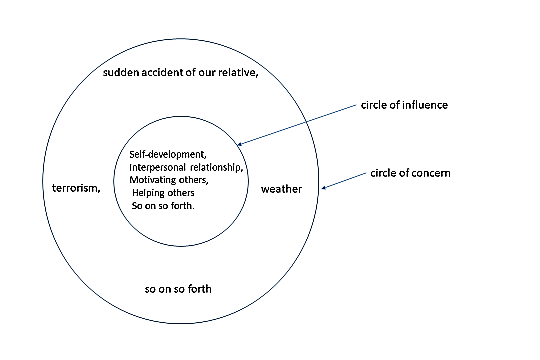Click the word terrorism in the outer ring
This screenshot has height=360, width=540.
pyautogui.click(x=75, y=188)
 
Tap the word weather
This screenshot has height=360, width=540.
pyautogui.click(x=281, y=188)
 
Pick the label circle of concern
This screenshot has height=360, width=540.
pyautogui.click(x=411, y=173)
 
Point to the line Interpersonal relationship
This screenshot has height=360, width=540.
pyautogui.click(x=186, y=167)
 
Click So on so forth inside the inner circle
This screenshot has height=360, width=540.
pyautogui.click(x=162, y=206)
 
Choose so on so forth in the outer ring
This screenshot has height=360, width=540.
pyautogui.click(x=178, y=290)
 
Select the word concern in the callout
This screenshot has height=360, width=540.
pyautogui.click(x=430, y=173)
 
